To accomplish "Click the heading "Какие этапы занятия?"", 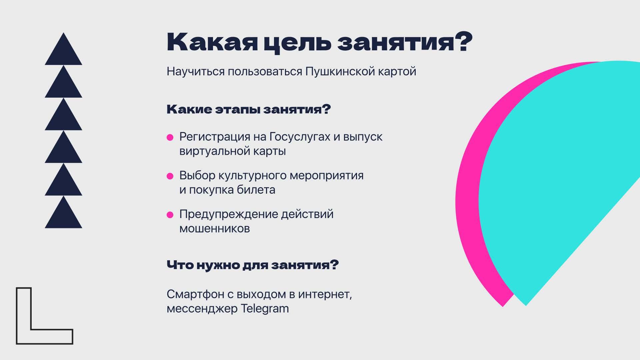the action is (249, 110).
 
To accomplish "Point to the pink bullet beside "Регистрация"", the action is (170, 137).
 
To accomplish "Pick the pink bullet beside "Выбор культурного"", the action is (170, 176).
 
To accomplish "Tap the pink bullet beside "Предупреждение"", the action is (170, 215).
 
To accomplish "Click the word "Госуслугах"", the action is (300, 137).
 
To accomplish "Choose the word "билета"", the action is (256, 190).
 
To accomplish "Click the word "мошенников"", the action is (215, 229).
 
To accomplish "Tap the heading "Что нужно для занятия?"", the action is (253, 265).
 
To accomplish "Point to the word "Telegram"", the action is (265, 309).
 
